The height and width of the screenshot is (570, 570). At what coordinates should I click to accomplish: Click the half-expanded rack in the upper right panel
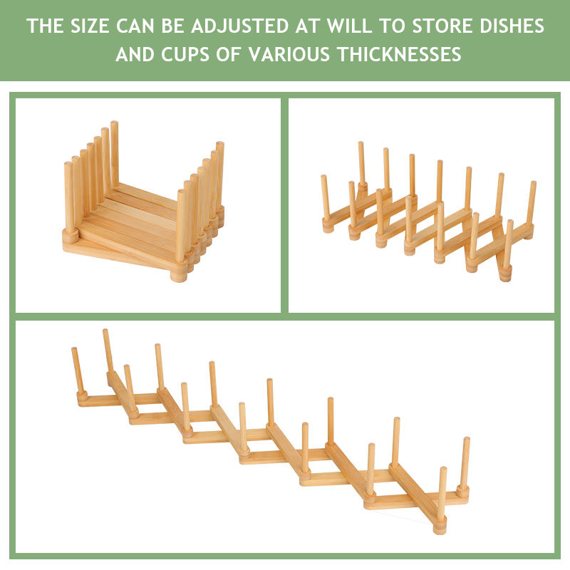click(427, 214)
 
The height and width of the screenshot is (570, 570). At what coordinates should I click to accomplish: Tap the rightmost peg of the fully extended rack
click(465, 463)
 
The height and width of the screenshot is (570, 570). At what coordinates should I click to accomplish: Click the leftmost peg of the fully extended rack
click(76, 370)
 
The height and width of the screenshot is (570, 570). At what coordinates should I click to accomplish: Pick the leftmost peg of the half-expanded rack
click(326, 199)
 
